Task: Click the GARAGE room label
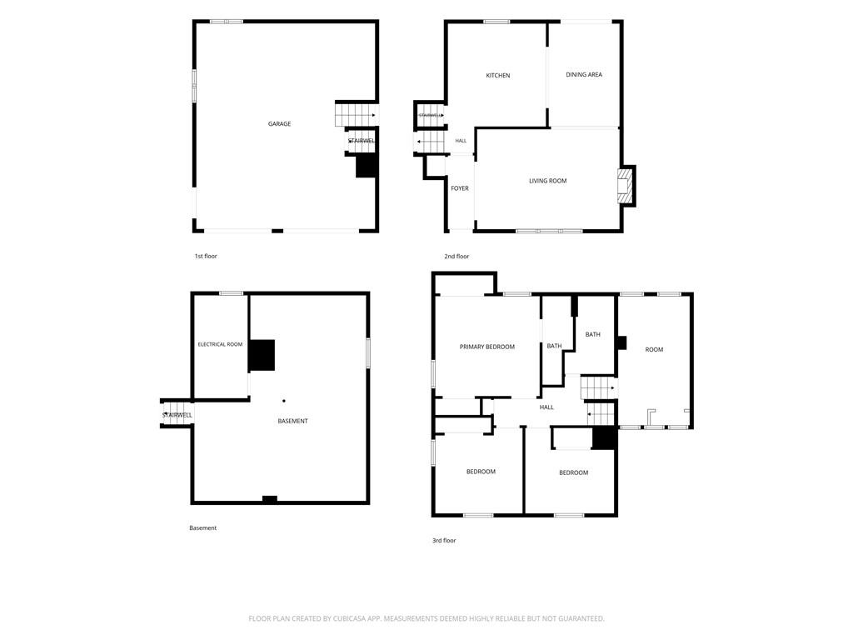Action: click(279, 124)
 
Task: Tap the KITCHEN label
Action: click(498, 76)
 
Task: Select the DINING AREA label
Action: click(584, 74)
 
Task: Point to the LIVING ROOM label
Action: click(548, 181)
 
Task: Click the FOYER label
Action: click(460, 188)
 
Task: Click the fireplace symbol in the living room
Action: click(625, 186)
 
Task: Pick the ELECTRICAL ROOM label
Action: click(220, 344)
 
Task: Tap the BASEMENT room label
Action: click(292, 421)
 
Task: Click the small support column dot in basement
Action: click(284, 401)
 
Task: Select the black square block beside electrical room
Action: click(262, 355)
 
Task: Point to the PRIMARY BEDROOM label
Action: click(486, 347)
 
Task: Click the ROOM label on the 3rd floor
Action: click(654, 349)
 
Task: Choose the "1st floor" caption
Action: click(206, 256)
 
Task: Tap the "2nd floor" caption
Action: click(456, 257)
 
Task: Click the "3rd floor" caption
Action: click(444, 540)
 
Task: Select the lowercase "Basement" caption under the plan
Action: click(203, 527)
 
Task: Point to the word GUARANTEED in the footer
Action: click(582, 619)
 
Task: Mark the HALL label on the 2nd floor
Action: click(461, 141)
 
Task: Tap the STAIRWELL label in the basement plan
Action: click(177, 415)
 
